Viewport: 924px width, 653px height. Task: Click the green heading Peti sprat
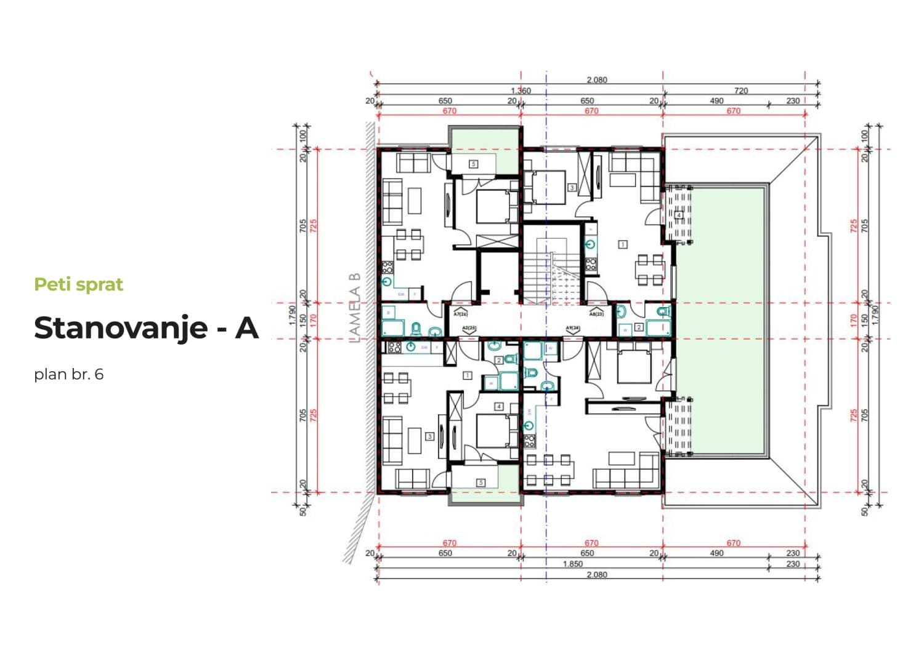(78, 284)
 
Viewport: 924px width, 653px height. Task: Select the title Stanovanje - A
(146, 327)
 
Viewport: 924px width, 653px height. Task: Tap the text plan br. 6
(68, 374)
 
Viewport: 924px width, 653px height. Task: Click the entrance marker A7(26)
(460, 314)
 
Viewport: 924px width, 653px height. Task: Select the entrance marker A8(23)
(596, 314)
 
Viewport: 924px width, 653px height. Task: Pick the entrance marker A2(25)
(469, 329)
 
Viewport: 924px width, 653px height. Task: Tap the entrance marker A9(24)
(573, 329)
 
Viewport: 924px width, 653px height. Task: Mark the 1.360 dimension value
(521, 90)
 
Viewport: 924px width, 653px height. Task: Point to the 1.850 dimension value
(572, 564)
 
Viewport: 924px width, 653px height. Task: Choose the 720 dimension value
(740, 90)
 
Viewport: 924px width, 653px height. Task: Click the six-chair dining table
(548, 470)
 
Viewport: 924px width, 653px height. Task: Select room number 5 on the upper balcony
(473, 164)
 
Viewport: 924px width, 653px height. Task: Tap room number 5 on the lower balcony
(481, 483)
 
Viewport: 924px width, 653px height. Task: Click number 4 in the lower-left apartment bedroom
(499, 406)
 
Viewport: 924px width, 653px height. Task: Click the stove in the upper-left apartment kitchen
(387, 267)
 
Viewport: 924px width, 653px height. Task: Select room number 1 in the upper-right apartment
(623, 244)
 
